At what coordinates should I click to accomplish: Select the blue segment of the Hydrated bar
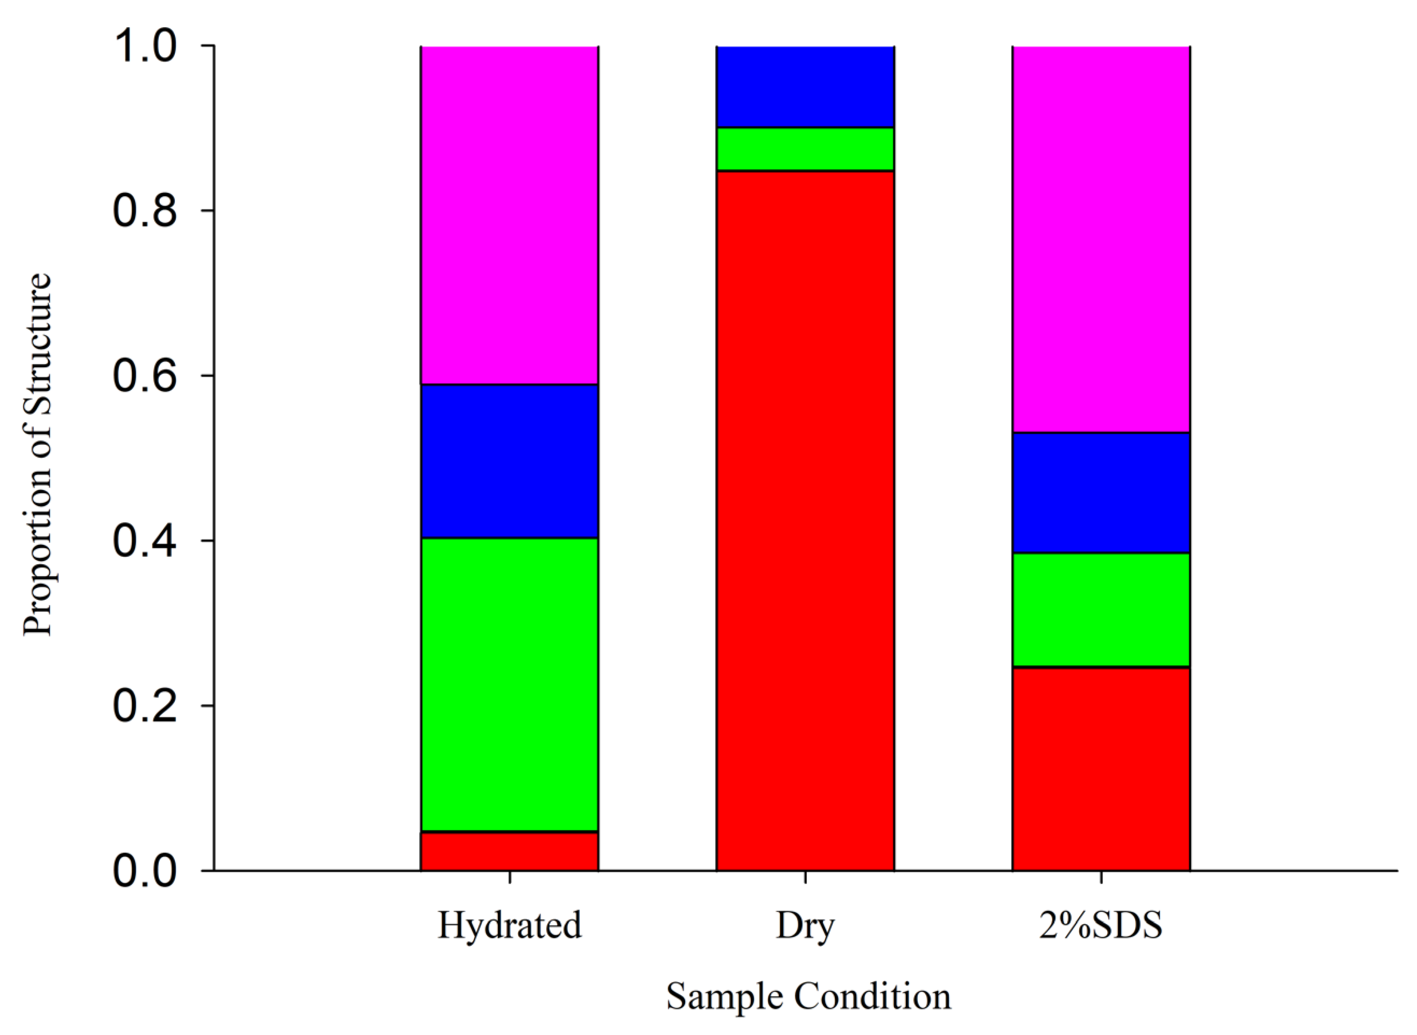509,460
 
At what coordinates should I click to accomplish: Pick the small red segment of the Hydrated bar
509,851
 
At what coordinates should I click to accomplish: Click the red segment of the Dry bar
805,520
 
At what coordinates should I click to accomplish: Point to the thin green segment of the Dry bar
805,148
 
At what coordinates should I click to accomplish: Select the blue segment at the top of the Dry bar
805,86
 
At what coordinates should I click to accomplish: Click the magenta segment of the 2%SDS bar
1101,238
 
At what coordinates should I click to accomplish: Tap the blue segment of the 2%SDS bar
1101,492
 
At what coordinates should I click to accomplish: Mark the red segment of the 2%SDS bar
1101,769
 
